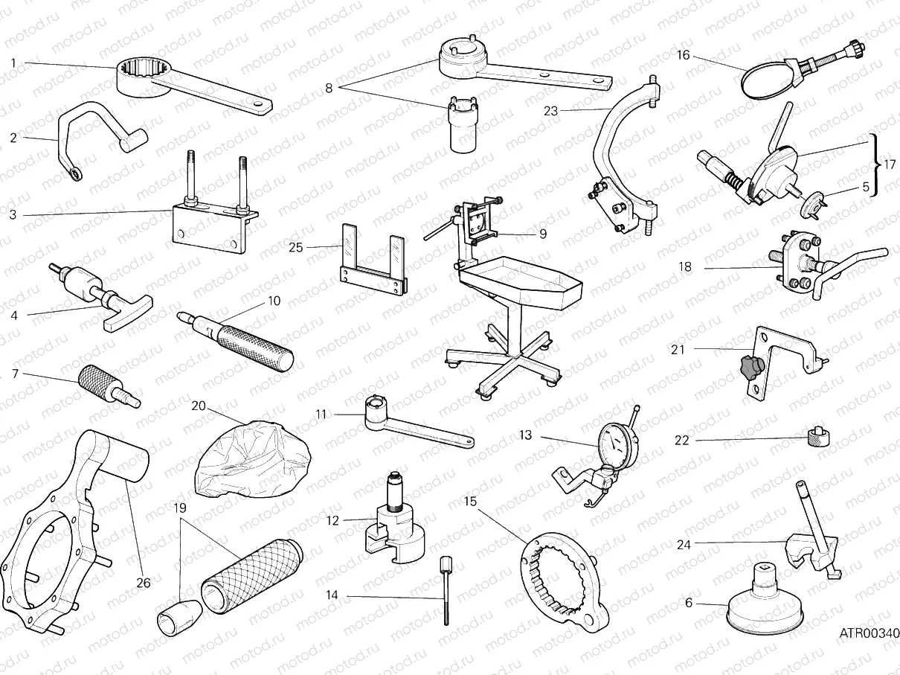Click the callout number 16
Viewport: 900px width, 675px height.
(x=684, y=55)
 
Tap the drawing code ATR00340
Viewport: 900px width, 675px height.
(x=869, y=633)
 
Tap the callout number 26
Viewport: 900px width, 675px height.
(x=144, y=583)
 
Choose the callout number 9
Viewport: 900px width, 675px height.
(x=542, y=233)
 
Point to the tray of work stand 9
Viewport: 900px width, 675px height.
(x=521, y=287)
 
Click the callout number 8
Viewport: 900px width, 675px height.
(x=329, y=88)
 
